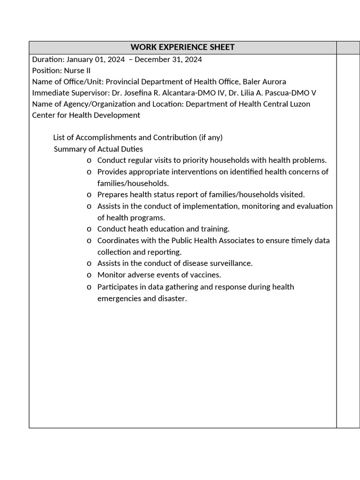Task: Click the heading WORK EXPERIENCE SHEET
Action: (182, 47)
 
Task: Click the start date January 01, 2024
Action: (96, 59)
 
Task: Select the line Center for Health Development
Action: (86, 115)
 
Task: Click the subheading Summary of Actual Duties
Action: (98, 149)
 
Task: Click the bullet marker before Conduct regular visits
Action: (89, 161)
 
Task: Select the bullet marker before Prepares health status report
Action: (89, 195)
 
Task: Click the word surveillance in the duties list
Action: (230, 263)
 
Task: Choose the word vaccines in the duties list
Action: (205, 275)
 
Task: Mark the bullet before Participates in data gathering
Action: (89, 287)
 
